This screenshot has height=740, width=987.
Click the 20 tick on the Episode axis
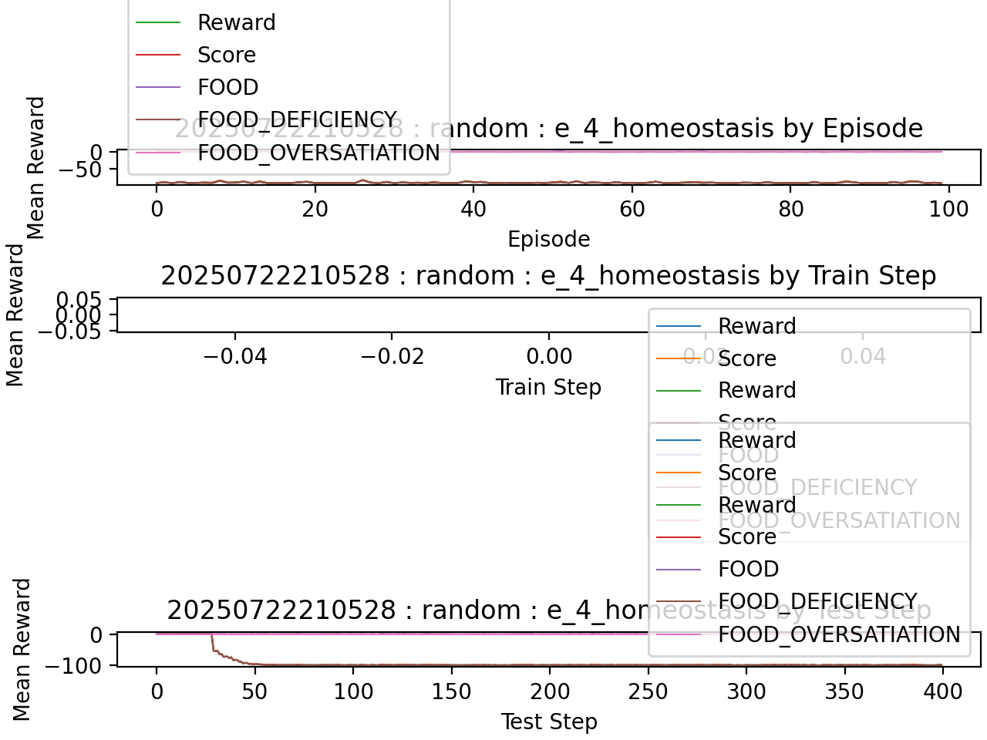[x=315, y=209]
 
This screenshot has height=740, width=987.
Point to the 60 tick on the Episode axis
[x=632, y=209]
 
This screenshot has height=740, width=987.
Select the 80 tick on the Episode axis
[x=790, y=209]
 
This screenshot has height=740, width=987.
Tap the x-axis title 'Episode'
[x=548, y=240]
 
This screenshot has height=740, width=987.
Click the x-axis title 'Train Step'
[x=548, y=387]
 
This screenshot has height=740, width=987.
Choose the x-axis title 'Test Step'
[x=548, y=721]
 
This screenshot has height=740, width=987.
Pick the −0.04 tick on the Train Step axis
[x=234, y=356]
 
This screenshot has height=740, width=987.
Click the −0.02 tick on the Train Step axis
[x=392, y=356]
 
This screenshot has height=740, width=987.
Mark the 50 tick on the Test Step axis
[x=254, y=691]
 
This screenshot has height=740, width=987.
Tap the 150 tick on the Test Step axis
[x=451, y=691]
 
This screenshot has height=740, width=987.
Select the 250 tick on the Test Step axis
[x=648, y=691]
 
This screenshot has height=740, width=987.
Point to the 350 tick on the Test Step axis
[x=844, y=691]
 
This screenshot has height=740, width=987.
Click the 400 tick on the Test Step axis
[x=942, y=691]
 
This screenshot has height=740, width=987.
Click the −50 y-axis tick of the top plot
[x=80, y=170]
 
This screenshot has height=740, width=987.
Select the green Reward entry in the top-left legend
[x=236, y=22]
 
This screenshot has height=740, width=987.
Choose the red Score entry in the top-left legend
[x=226, y=55]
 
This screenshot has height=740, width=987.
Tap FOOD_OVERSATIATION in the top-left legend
[x=318, y=153]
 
